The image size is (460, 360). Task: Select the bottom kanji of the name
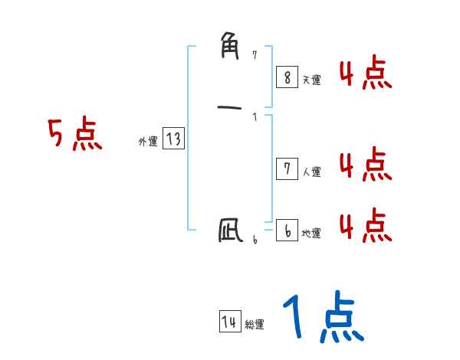[229, 230]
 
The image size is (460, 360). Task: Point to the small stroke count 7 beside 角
[255, 55]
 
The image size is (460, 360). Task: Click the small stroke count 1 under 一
[255, 117]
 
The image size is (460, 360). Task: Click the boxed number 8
[287, 77]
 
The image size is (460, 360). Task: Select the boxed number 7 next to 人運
[287, 169]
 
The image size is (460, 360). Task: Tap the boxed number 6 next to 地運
[287, 231]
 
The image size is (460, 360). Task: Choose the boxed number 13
[172, 139]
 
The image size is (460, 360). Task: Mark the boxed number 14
[229, 322]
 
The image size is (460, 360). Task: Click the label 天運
[311, 80]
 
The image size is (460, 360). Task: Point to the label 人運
[311, 172]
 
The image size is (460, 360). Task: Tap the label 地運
[311, 234]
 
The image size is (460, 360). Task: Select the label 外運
[147, 142]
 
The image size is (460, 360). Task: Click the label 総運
[255, 326]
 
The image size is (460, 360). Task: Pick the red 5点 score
[74, 136]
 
